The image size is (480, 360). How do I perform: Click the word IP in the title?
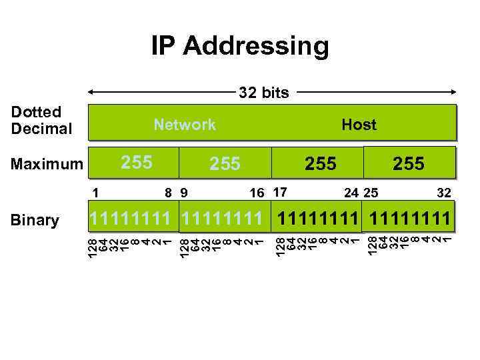[x=163, y=46]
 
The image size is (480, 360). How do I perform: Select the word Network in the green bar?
[x=185, y=125]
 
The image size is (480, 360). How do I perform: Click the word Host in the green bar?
[x=359, y=125]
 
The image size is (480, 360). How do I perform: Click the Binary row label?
[x=35, y=220]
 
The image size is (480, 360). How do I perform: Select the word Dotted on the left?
[x=36, y=111]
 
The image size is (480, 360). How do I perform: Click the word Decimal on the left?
[x=41, y=128]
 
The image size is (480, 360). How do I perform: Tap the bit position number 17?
[x=280, y=193]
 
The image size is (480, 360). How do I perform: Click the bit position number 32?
[x=444, y=193]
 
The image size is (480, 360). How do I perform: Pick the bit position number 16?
[x=257, y=193]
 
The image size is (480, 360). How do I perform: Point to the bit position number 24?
[x=351, y=193]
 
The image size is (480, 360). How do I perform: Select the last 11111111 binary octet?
[x=408, y=218]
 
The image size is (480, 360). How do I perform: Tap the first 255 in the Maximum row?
[x=137, y=162]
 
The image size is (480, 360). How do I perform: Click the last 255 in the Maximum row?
[x=409, y=163]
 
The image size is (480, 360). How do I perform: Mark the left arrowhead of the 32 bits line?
[x=92, y=93]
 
